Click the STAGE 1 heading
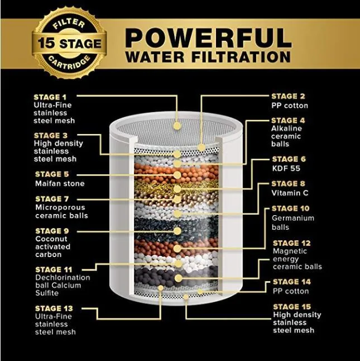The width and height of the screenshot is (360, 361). point(50,97)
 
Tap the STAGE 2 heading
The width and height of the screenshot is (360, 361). point(288,96)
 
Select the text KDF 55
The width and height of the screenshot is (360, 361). point(286,168)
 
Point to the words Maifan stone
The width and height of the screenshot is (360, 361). point(60,183)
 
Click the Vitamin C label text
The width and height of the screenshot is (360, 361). point(290,193)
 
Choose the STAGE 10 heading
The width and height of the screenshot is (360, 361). point(291,208)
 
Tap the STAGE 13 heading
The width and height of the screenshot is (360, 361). point(54,308)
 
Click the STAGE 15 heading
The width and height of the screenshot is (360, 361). point(292,307)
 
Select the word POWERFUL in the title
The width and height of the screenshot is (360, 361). point(209,38)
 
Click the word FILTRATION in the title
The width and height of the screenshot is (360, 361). point(241,57)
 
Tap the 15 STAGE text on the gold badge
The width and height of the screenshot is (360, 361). point(69,43)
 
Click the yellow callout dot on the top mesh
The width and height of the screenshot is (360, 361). point(177,126)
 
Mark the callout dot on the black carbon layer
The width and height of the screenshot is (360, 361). point(177,231)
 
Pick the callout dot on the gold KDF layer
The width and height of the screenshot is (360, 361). point(177,189)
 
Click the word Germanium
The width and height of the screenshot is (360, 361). point(293,218)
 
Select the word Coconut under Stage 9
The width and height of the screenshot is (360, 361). point(51,239)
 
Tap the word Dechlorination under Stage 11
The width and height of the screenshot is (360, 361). point(63,277)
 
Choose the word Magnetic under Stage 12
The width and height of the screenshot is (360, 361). point(290,251)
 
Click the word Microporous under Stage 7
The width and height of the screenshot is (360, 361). point(60,207)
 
